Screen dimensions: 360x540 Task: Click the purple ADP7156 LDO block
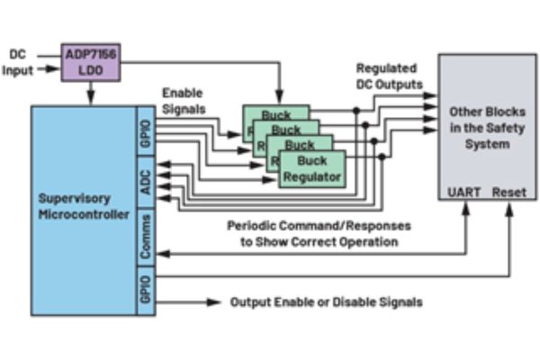coord(91,62)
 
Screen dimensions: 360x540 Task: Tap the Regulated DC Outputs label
coord(389,76)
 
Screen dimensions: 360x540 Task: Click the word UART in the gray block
coord(463,193)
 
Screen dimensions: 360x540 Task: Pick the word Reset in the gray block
coord(508,193)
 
